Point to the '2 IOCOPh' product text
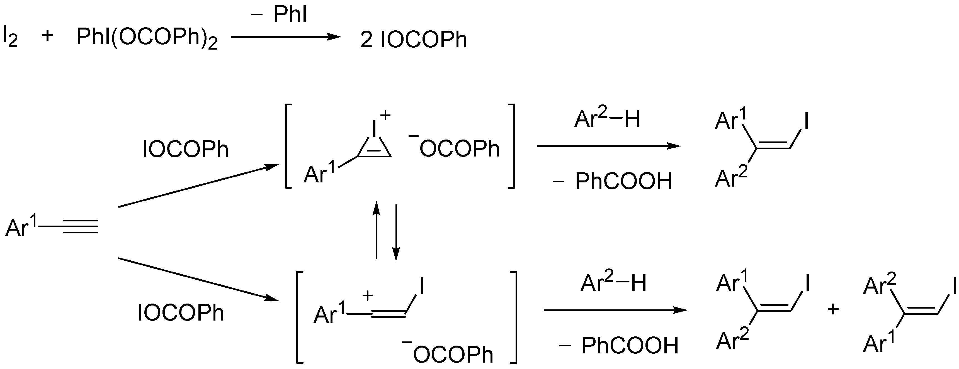coord(413,40)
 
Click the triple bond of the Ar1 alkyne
coord(80,226)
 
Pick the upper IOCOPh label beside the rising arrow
coord(185,150)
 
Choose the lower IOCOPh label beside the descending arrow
coord(181,312)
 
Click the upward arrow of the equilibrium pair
coord(376,231)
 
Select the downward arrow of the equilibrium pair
coord(396,233)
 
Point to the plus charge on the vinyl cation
coord(367,296)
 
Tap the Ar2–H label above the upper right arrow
coord(607,119)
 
